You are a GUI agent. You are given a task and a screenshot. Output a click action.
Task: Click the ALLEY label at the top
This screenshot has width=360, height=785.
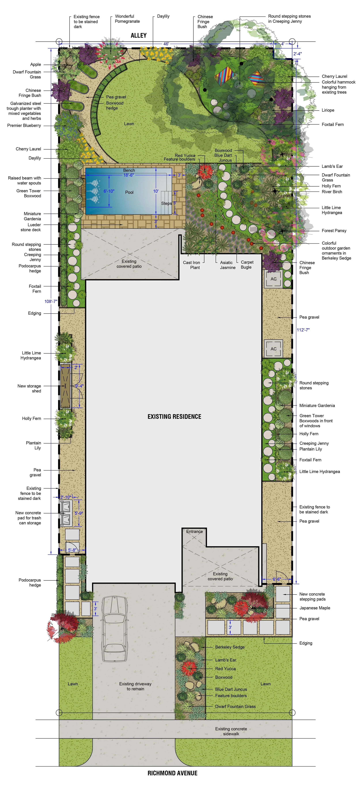coord(139,35)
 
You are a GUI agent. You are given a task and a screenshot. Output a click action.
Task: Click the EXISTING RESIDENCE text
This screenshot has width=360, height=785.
coord(174,417)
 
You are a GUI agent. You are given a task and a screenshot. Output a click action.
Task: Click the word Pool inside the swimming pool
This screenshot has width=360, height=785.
coord(129,192)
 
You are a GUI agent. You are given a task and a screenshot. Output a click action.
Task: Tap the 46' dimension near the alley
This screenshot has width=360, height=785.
coord(166,44)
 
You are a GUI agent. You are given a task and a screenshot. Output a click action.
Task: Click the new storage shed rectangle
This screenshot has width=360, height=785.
coord(66,386)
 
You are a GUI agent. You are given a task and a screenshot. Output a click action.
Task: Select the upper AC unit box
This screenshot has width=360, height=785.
coord(273,279)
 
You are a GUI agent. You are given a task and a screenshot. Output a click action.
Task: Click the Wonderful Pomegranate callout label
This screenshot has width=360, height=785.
coord(127,19)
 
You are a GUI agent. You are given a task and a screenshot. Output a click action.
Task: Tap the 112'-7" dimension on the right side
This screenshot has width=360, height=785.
coord(303,330)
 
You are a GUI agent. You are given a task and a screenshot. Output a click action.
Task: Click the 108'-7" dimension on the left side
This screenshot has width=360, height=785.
coord(51,301)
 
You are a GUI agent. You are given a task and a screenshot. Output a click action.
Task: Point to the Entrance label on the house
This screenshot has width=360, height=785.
coord(195,531)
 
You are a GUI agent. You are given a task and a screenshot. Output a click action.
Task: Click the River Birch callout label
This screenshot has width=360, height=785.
coord(332,192)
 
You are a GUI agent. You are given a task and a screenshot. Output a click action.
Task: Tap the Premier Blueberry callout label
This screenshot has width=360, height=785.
coord(24,126)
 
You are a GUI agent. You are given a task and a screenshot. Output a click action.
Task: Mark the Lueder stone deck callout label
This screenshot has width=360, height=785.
coord(31,227)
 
